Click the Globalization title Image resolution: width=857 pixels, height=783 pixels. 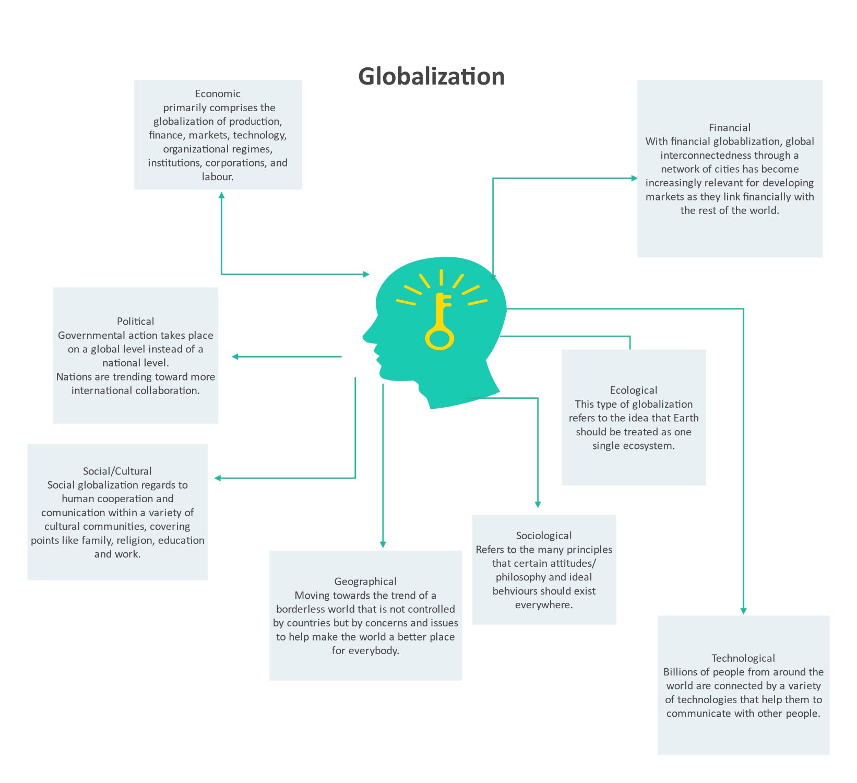pyautogui.click(x=431, y=76)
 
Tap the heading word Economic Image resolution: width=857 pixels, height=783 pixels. pyautogui.click(x=218, y=94)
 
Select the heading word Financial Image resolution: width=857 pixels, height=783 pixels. pyautogui.click(x=729, y=128)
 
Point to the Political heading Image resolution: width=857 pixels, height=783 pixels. pyautogui.click(x=135, y=322)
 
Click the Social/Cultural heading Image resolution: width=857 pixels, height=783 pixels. pyautogui.click(x=117, y=471)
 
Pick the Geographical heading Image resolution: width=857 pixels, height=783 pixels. pyautogui.click(x=365, y=582)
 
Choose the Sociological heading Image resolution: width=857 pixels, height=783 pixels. pyautogui.click(x=543, y=536)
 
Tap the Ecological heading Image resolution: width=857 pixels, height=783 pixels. pyautogui.click(x=633, y=390)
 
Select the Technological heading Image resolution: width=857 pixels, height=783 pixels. pyautogui.click(x=743, y=658)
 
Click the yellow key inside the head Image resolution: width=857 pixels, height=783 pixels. pyautogui.click(x=440, y=324)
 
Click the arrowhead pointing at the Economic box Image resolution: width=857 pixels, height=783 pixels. pyautogui.click(x=222, y=196)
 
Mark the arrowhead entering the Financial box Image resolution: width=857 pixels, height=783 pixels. pyautogui.click(x=634, y=179)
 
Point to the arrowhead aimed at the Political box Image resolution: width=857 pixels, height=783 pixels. pyautogui.click(x=235, y=357)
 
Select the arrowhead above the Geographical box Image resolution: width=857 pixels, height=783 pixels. pyautogui.click(x=383, y=544)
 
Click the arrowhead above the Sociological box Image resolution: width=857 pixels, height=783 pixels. pyautogui.click(x=538, y=504)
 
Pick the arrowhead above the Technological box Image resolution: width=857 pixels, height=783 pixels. pyautogui.click(x=743, y=611)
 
